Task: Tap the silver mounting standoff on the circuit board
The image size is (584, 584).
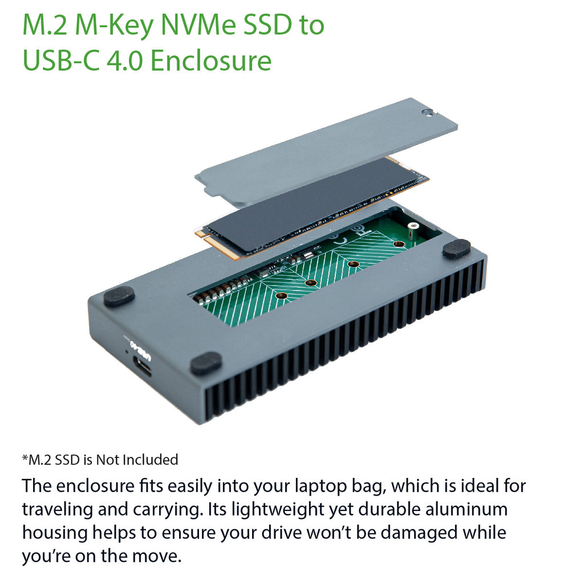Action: (x=412, y=230)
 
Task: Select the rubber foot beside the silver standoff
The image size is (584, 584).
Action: (x=456, y=249)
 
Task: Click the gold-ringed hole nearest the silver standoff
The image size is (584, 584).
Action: (x=399, y=244)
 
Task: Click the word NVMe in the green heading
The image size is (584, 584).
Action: (x=198, y=25)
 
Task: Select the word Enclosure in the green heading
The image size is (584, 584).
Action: (x=211, y=60)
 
